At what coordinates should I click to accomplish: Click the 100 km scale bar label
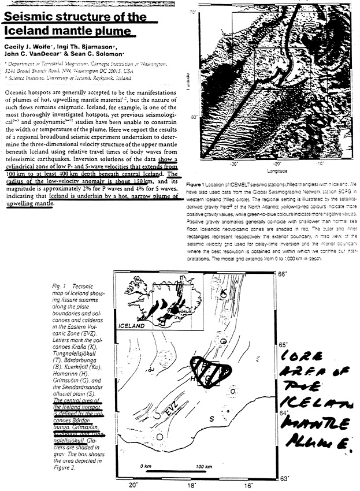pos(202,466)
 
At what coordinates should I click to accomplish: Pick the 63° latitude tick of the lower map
pos(284,478)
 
